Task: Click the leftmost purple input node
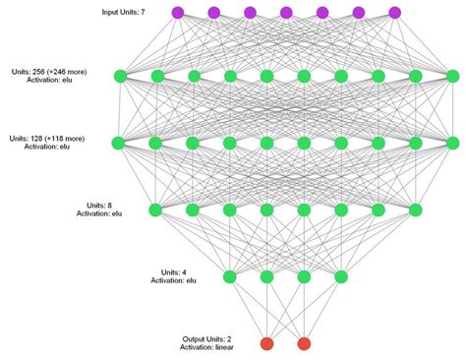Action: (x=178, y=12)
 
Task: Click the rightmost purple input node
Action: (x=395, y=12)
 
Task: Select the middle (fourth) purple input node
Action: (x=286, y=12)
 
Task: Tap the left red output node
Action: (x=266, y=343)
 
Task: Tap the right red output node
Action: (x=304, y=343)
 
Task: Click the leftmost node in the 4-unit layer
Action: (x=230, y=276)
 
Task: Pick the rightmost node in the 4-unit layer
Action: (x=341, y=276)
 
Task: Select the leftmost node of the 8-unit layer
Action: (x=155, y=210)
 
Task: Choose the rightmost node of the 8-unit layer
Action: (x=415, y=210)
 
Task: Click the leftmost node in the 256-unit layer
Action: (x=119, y=76)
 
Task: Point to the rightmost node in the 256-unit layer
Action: (x=452, y=76)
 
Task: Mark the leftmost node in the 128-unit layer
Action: (x=119, y=143)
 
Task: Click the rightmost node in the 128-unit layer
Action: (x=452, y=143)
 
